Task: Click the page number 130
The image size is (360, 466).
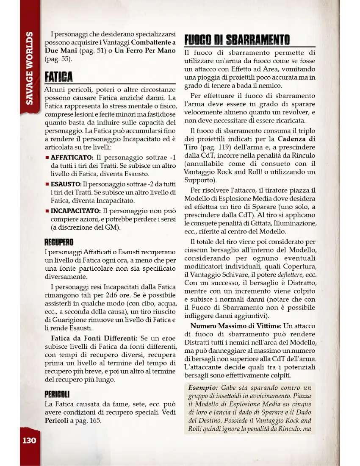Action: pos(29,441)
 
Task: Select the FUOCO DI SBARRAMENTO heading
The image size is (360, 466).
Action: pos(237,40)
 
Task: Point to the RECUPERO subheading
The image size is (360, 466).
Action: pos(59,242)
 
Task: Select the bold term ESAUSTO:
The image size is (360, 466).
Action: pos(66,184)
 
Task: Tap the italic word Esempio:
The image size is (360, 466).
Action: pos(203,388)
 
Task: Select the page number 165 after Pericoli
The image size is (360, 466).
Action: pos(95,421)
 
